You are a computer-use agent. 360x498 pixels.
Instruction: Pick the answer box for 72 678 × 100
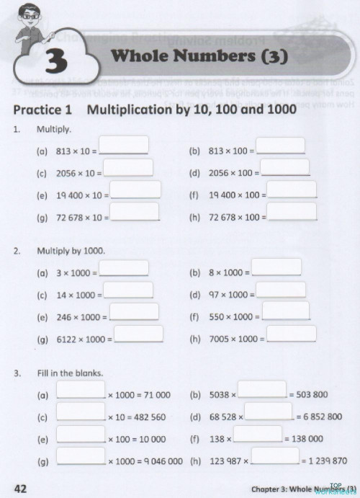tap(291, 211)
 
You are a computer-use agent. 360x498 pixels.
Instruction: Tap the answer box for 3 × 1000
tap(123, 268)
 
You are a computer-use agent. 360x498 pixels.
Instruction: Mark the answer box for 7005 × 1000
tap(291, 334)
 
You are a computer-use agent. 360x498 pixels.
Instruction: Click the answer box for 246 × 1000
tap(133, 312)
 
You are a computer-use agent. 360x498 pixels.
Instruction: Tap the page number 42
tap(20, 488)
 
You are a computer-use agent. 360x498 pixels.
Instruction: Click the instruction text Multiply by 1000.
tap(71, 252)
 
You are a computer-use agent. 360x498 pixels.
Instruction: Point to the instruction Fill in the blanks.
tap(70, 373)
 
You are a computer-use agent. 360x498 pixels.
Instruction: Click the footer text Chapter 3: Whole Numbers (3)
tap(299, 489)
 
